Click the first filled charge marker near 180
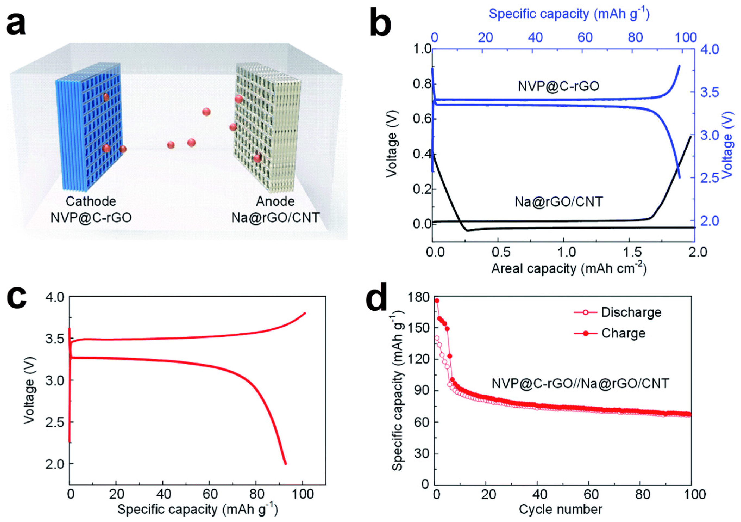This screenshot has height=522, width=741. coord(437,301)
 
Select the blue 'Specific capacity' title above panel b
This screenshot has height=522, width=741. coord(569,14)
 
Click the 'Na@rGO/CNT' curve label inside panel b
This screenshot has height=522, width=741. coord(559,202)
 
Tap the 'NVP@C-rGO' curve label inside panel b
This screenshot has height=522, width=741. coord(559,86)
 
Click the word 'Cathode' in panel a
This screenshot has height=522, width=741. coord(91,201)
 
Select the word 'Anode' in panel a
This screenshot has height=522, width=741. coord(275,201)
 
